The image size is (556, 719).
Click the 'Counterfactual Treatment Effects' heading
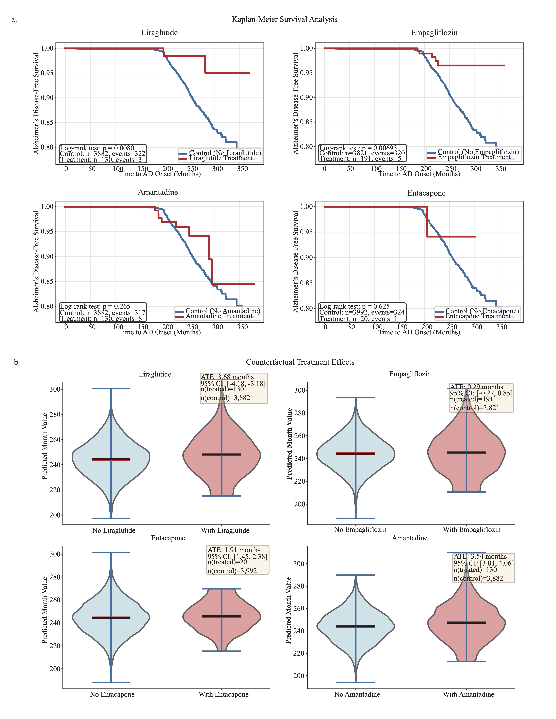(x=300, y=362)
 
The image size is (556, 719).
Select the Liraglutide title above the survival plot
(x=159, y=33)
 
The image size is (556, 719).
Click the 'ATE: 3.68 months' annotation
(x=227, y=377)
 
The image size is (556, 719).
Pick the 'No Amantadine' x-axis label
(x=357, y=694)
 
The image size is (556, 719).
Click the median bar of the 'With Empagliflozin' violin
(x=466, y=452)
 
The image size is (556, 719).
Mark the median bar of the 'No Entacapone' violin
(x=111, y=618)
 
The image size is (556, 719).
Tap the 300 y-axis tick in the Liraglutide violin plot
(x=55, y=389)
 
